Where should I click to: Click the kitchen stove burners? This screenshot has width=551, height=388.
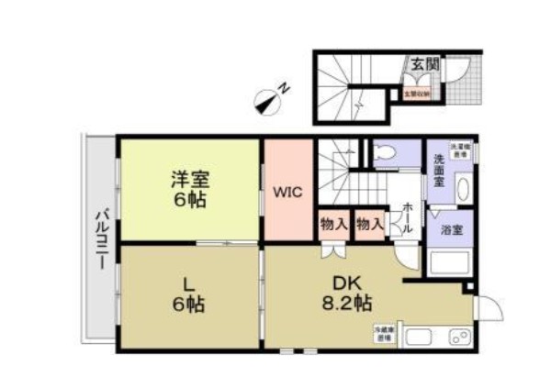click(458, 337)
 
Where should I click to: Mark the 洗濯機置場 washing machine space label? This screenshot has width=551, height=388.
click(458, 150)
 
